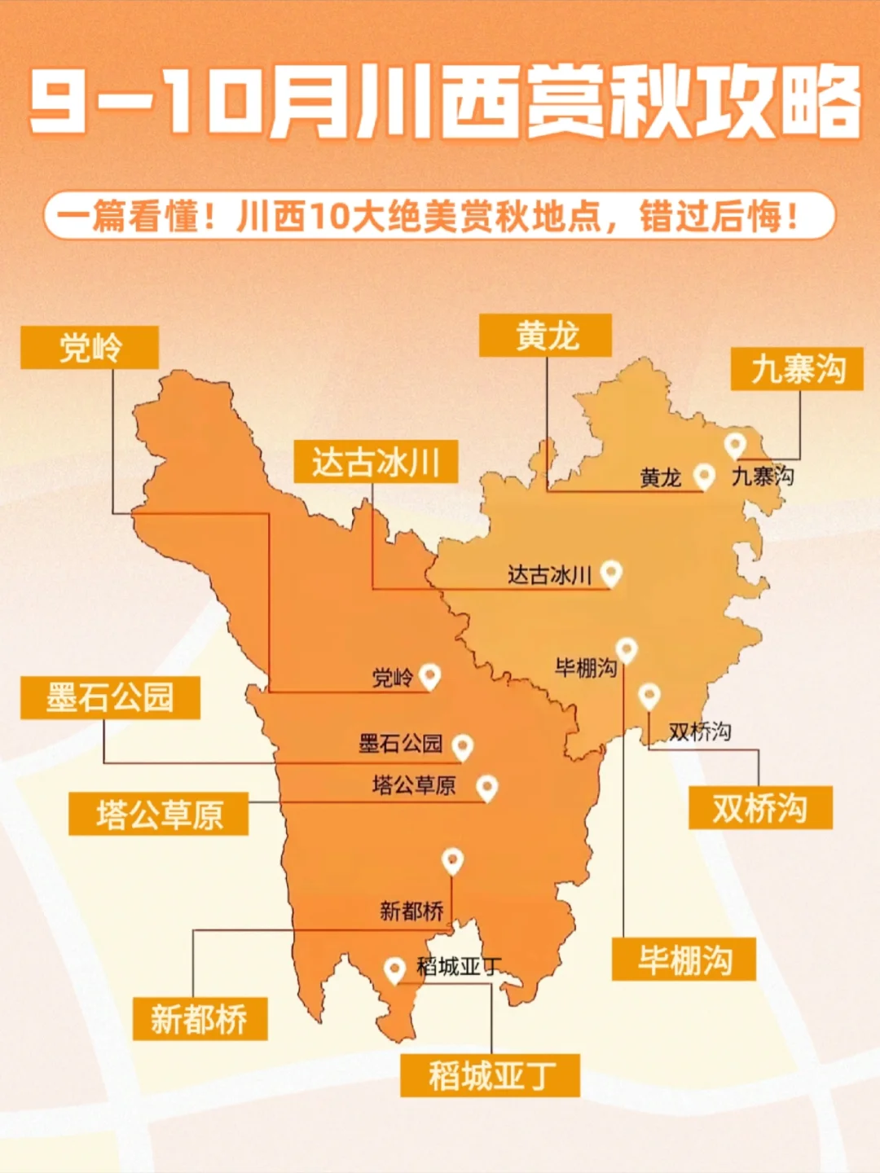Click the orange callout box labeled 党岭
[90, 348]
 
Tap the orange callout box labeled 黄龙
[545, 336]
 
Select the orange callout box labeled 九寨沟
[797, 369]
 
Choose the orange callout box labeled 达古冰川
[376, 462]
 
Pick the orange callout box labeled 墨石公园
[110, 697]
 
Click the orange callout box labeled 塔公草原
[159, 814]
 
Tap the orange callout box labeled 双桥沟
[760, 808]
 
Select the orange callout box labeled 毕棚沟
[684, 960]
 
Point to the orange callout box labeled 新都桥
[199, 1019]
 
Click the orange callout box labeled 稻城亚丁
[490, 1076]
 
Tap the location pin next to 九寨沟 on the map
[735, 445]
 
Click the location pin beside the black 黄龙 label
[703, 476]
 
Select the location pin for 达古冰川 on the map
[611, 573]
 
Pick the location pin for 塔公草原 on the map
[486, 787]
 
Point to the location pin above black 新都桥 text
[452, 860]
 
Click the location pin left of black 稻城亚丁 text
[395, 969]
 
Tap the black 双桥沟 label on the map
[699, 731]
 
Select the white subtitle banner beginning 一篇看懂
[440, 216]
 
